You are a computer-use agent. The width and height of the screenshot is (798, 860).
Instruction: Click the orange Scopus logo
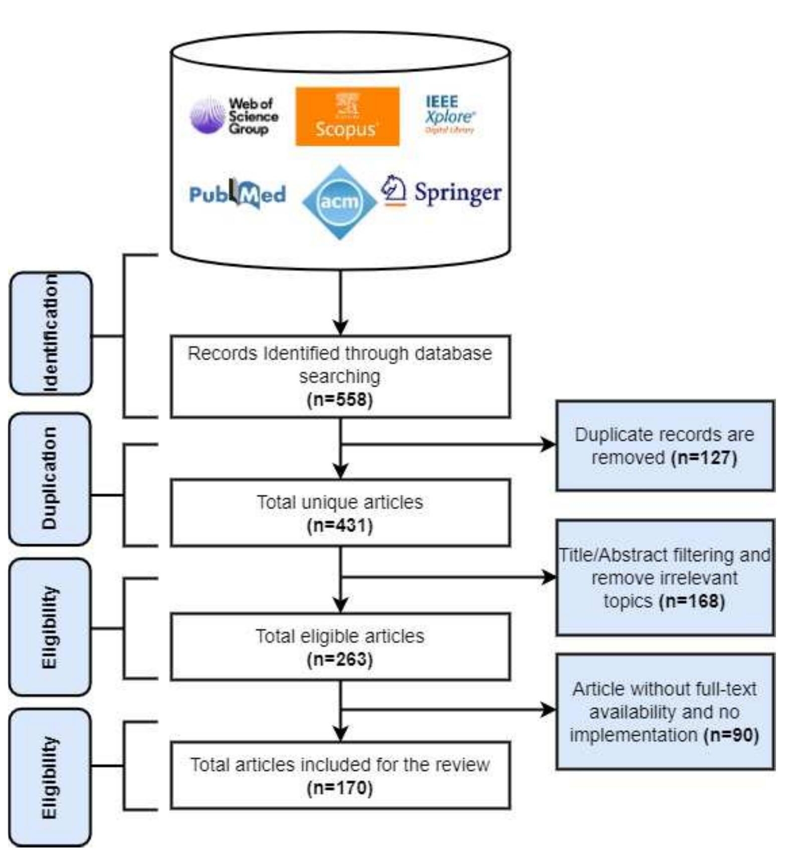click(x=347, y=117)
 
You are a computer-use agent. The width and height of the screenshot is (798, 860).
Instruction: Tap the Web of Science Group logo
click(x=234, y=116)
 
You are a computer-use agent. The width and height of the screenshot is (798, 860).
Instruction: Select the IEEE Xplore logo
click(x=449, y=115)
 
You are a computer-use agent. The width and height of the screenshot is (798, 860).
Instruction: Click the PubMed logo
click(x=238, y=194)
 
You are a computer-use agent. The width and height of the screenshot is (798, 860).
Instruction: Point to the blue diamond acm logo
click(x=340, y=202)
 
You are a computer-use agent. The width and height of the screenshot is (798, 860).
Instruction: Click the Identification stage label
click(x=51, y=333)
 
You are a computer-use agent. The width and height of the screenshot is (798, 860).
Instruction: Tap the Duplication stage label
click(x=50, y=479)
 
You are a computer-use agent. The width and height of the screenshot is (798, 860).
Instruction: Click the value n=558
click(x=340, y=399)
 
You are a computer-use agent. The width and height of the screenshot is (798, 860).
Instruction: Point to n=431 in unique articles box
click(x=340, y=525)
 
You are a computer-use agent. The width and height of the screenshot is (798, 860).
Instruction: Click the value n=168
click(x=692, y=601)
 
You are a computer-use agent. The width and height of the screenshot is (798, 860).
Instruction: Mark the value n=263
click(x=340, y=659)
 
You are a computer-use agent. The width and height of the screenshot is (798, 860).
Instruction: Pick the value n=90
click(x=731, y=735)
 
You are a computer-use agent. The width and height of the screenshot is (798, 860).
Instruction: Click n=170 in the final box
click(x=340, y=788)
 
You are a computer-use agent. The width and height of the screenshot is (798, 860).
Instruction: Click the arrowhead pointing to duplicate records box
click(x=549, y=444)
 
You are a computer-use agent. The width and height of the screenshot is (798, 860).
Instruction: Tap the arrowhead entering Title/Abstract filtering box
click(x=549, y=577)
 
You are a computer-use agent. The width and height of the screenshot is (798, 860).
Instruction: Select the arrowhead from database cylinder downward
click(x=340, y=327)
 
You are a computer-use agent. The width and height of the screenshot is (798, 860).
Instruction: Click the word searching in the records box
click(x=340, y=376)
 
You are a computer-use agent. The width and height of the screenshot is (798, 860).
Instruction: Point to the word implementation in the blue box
click(x=634, y=735)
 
